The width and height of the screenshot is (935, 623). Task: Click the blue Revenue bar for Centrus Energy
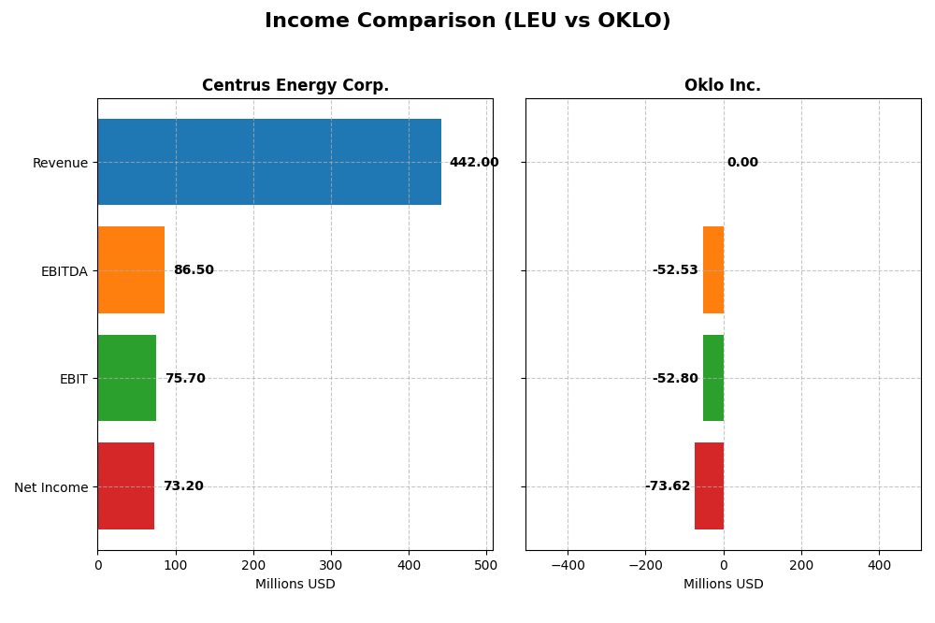pos(269,162)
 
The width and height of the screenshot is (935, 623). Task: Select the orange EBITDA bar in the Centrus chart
pos(131,270)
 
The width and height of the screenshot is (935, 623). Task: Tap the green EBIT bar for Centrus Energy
pos(127,378)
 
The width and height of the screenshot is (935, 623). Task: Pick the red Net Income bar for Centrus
pos(126,486)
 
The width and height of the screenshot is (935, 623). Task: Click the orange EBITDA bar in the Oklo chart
pos(713,270)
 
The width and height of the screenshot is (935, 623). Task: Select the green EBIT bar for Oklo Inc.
pos(713,378)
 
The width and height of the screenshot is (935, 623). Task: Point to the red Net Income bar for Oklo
pos(709,486)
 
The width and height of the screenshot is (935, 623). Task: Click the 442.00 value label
pos(473,163)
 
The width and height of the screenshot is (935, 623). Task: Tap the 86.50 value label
pos(194,270)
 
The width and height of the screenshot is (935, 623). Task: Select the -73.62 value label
pos(668,486)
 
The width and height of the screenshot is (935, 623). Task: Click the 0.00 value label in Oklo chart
pos(742,163)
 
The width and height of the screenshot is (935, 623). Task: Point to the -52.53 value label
pos(675,270)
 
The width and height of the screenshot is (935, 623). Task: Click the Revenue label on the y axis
pos(60,164)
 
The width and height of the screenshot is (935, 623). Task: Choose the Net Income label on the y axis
pos(50,487)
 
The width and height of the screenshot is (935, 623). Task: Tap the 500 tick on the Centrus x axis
pos(486,565)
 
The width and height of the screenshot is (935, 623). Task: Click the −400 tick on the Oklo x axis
pos(567,565)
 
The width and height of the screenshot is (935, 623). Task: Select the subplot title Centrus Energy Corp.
pos(295,86)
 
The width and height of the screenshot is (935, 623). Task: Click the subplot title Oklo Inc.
pos(723,86)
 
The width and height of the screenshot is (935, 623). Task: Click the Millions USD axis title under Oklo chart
pos(723,585)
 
